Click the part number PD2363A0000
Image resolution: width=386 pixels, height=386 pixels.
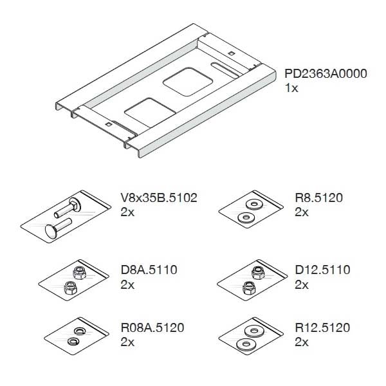point(326,73)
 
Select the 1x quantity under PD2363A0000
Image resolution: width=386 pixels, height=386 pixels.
point(291,88)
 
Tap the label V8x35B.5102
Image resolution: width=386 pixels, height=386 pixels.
point(159,198)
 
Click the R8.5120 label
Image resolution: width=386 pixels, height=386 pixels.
point(319,198)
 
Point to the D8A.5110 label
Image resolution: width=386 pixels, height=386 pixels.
point(149,270)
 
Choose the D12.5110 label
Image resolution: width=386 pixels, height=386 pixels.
point(322,270)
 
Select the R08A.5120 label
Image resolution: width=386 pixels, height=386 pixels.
point(152,327)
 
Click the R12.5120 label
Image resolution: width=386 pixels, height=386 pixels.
point(322,327)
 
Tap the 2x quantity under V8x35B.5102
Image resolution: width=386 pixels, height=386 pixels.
point(127,212)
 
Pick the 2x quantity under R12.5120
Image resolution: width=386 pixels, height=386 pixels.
point(302,342)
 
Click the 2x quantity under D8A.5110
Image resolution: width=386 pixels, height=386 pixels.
point(127,285)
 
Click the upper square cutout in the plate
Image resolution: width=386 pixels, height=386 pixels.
point(188,82)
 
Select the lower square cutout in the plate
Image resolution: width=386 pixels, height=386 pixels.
point(150,112)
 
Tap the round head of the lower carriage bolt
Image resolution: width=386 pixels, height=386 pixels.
point(51,232)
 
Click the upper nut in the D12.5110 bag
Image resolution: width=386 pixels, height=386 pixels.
point(258,273)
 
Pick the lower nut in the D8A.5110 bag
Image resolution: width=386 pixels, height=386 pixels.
point(70,288)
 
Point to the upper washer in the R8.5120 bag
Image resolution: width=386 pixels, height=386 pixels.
point(254,205)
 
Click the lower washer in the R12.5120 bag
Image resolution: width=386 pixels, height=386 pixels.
point(246,344)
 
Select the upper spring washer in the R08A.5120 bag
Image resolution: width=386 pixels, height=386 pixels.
point(79,331)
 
